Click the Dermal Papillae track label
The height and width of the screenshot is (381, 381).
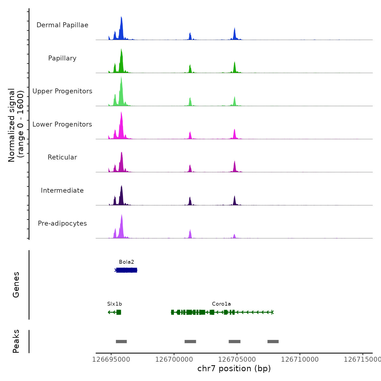pos(62,25)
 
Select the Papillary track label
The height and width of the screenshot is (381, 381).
pos(62,58)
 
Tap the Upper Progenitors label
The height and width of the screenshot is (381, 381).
pos(62,91)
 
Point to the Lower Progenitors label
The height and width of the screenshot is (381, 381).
pos(62,124)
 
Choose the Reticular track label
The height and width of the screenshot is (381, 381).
pos(62,157)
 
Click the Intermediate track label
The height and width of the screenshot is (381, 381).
pos(62,190)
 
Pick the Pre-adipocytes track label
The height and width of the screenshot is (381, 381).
pos(62,223)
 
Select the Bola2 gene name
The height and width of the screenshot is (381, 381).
pos(127,262)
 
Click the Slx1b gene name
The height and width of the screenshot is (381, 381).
pos(115,304)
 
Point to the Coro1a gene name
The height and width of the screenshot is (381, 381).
pos(221,304)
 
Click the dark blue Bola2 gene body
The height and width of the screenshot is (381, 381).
pos(127,270)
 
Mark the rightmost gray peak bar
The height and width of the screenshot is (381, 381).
pos(273,342)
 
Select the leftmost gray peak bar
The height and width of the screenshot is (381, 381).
pos(121,342)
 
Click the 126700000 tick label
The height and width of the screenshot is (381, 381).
pos(174,360)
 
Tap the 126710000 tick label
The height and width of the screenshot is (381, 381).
pos(300,360)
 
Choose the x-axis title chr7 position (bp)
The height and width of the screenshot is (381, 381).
pos(234,368)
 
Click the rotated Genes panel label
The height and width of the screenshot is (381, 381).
pos(16,285)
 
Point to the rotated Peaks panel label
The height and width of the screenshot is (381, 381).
pos(16,341)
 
